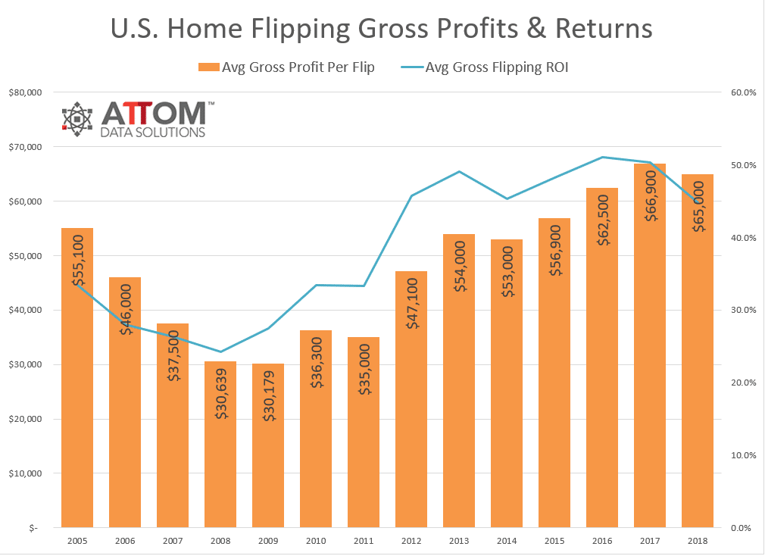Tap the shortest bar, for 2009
pos(268,454)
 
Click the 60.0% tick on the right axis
pos(742,92)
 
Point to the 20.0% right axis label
pos(742,383)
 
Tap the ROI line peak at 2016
pos(602,157)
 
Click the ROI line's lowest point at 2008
pos(220,351)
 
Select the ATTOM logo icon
pos(77,119)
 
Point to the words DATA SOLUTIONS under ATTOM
pos(153,133)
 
